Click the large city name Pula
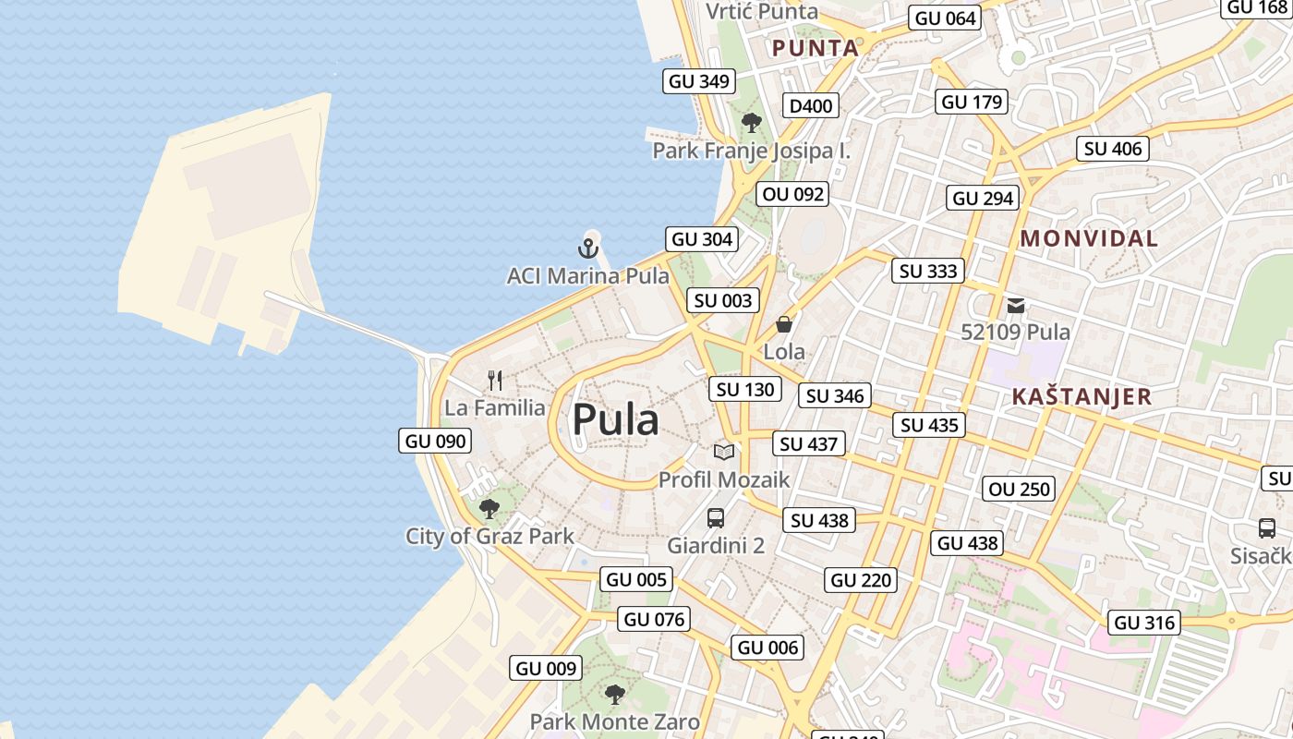point(615,420)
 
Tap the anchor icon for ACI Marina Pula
point(588,248)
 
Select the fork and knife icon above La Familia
point(495,380)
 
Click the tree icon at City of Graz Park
point(489,508)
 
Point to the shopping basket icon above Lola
point(784,324)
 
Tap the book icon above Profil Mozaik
point(724,452)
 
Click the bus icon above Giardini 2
point(716,518)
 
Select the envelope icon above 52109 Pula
point(1016,306)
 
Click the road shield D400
point(811,106)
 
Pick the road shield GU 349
point(699,81)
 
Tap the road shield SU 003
point(723,300)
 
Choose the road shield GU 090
point(436,441)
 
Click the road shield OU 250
point(1020,489)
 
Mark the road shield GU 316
point(1145,623)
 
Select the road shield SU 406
point(1113,149)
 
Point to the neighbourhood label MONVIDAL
point(1089,238)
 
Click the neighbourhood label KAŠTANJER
point(1082,397)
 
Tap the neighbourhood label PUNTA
point(816,48)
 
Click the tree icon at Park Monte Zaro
point(614,695)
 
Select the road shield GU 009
point(546,668)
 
